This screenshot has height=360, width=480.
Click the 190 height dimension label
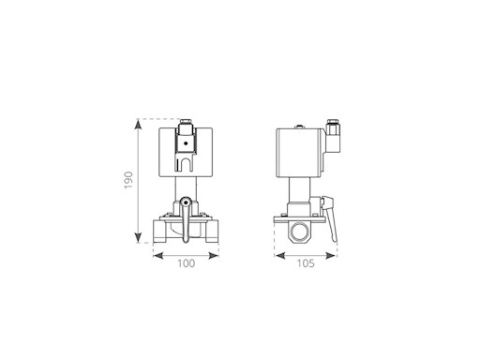pos(128,180)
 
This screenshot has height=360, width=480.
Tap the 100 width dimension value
pos(187,263)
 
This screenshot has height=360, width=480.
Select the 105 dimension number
pos(306,263)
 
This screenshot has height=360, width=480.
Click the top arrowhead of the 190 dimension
pos(138,125)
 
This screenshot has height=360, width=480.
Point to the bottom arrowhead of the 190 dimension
pos(138,237)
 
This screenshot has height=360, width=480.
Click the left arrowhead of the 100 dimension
pos(158,256)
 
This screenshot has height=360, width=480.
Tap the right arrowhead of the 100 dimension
pos(213,256)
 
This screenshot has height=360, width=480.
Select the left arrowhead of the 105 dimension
pos(280,256)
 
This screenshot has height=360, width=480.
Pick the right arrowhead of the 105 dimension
pos(331,256)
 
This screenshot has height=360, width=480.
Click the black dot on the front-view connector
pos(186,143)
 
